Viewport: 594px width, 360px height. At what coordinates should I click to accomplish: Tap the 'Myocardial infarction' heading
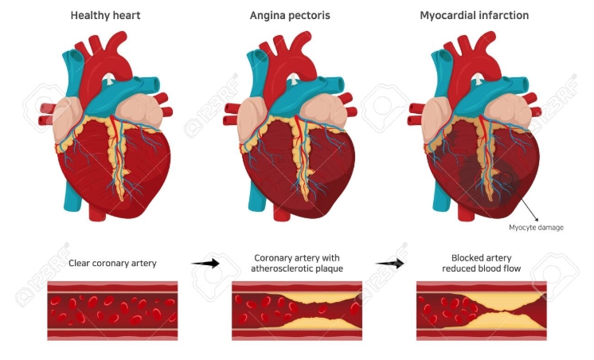(474, 15)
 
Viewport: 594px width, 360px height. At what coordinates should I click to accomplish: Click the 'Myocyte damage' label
(536, 227)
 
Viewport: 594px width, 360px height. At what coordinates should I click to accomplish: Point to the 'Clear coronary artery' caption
(111, 262)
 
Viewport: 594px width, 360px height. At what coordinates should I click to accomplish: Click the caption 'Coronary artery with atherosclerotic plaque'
(296, 263)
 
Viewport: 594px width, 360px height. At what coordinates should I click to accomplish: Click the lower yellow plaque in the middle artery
(315, 323)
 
